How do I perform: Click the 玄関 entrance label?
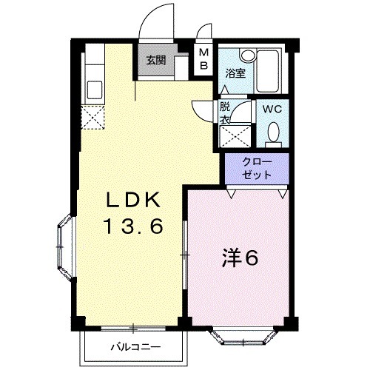(x=155, y=60)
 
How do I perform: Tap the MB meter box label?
(x=203, y=59)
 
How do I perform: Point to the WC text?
(x=273, y=108)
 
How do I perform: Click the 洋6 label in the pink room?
(x=240, y=258)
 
